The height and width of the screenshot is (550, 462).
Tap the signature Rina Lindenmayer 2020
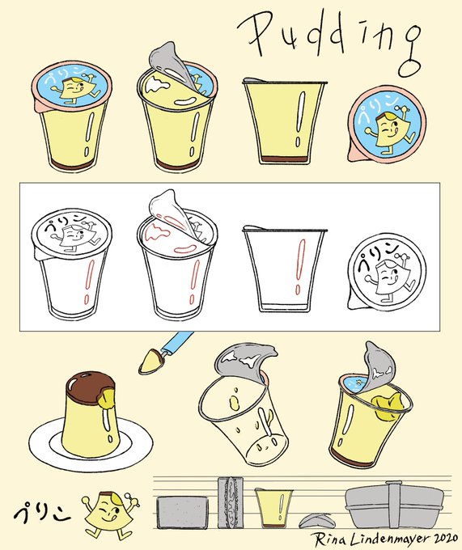(385, 539)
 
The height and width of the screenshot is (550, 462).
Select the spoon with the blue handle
(165, 352)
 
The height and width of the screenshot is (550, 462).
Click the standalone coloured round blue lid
(387, 125)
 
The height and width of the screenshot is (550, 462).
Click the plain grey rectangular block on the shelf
(182, 512)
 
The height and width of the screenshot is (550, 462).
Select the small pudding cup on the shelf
(273, 507)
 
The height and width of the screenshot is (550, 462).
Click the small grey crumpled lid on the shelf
(315, 521)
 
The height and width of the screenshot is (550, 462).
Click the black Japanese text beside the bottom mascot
(42, 514)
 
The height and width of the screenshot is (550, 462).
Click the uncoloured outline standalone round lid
(387, 272)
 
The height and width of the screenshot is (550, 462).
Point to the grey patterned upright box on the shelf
(230, 502)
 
